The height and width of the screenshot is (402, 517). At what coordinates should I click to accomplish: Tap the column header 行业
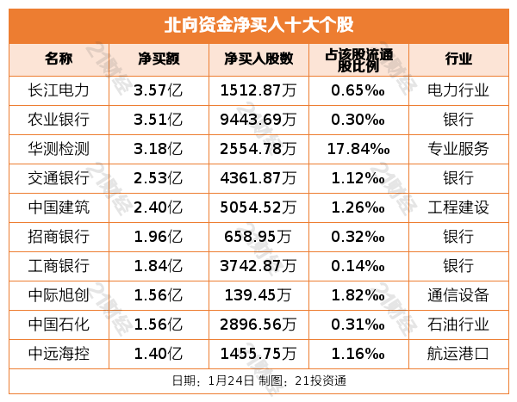tap(458, 59)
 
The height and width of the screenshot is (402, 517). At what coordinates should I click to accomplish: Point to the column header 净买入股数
tap(258, 59)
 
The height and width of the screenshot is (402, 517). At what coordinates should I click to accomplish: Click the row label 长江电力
tap(59, 90)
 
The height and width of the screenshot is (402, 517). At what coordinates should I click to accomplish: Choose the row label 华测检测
tap(59, 148)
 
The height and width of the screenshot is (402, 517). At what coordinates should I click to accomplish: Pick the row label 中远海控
tap(59, 353)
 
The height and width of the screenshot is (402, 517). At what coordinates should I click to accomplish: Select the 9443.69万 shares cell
tap(258, 119)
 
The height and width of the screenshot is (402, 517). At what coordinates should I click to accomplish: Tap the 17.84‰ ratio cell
tap(358, 148)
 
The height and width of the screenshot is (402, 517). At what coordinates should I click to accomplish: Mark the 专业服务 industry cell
tap(458, 148)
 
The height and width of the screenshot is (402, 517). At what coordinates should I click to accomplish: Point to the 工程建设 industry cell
tap(458, 207)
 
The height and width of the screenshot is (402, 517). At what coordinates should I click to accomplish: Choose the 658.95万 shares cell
tap(258, 236)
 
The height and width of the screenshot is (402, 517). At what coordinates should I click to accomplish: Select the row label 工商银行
tap(59, 265)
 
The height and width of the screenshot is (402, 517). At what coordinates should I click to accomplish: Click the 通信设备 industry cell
tap(458, 294)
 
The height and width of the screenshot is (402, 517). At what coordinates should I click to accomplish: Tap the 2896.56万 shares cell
tap(258, 324)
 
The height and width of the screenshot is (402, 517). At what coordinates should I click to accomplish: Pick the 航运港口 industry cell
tap(458, 353)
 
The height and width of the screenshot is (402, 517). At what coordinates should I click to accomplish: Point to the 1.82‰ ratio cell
tap(358, 294)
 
